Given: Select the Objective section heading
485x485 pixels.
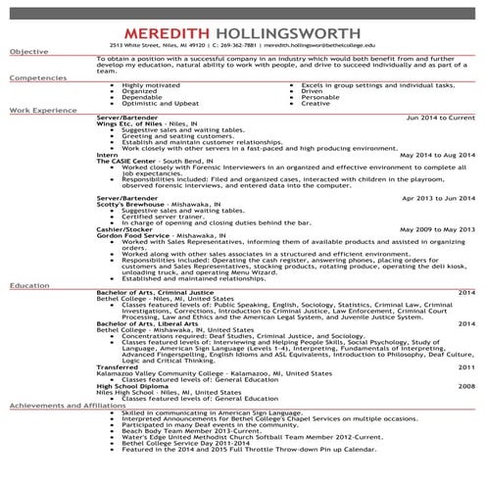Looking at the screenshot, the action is pyautogui.click(x=28, y=51).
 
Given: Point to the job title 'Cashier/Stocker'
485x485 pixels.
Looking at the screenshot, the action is pyautogui.click(x=124, y=229).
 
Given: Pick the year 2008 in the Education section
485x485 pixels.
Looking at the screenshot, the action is pyautogui.click(x=465, y=387).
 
